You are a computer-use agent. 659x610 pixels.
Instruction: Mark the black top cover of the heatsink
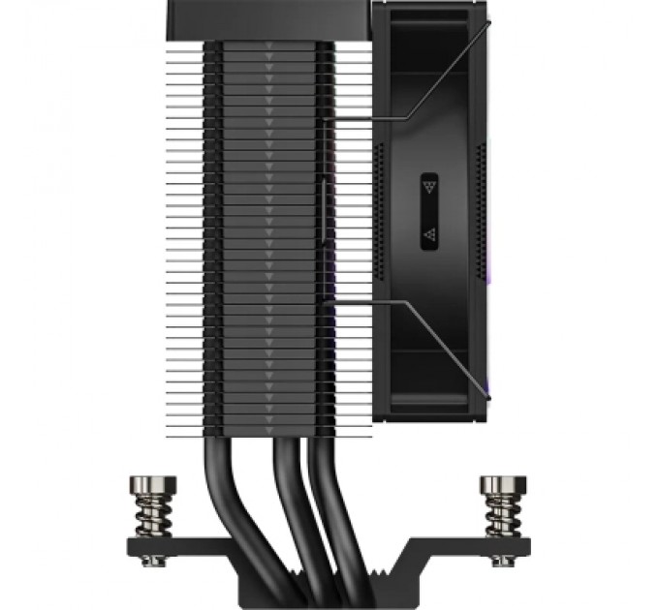point(252,19)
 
